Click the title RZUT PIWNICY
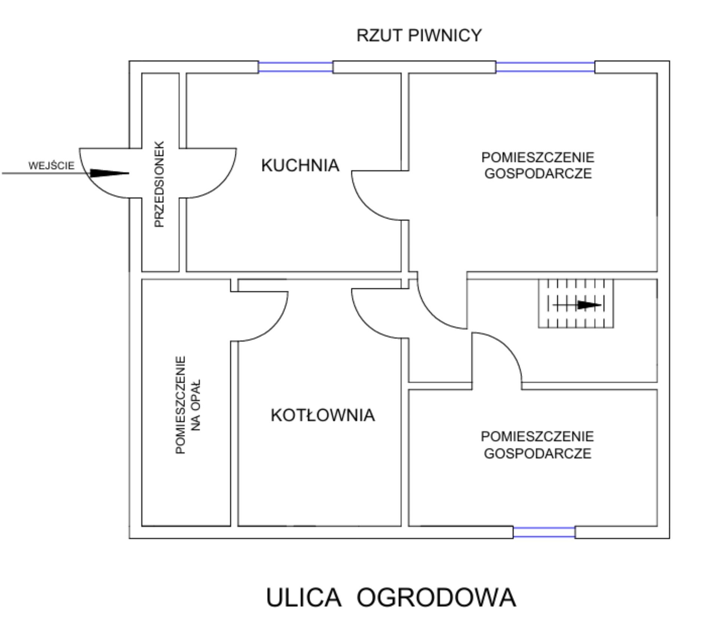tap(419, 35)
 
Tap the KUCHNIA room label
tap(300, 166)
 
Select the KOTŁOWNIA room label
tap(323, 415)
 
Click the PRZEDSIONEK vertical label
tap(159, 184)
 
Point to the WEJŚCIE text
tap(52, 166)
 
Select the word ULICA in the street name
tap(304, 597)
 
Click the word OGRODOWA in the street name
tap(436, 597)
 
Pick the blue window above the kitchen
tap(295, 67)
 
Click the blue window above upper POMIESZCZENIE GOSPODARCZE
tap(545, 67)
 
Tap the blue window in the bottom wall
tap(544, 532)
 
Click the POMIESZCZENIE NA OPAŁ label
tap(188, 405)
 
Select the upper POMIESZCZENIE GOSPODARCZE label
tap(538, 166)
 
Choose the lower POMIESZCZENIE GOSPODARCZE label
tap(537, 445)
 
